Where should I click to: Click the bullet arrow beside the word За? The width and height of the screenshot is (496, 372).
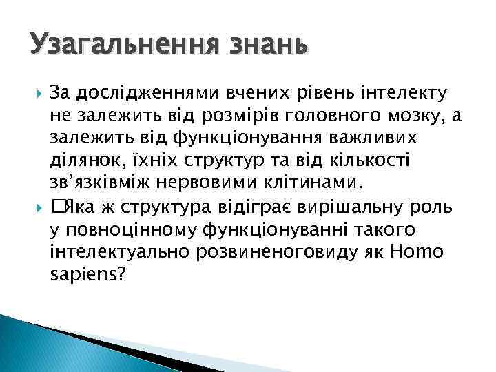tap(38, 93)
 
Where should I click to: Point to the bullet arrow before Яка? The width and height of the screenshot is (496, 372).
tap(38, 206)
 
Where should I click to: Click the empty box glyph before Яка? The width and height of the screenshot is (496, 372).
tap(57, 206)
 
